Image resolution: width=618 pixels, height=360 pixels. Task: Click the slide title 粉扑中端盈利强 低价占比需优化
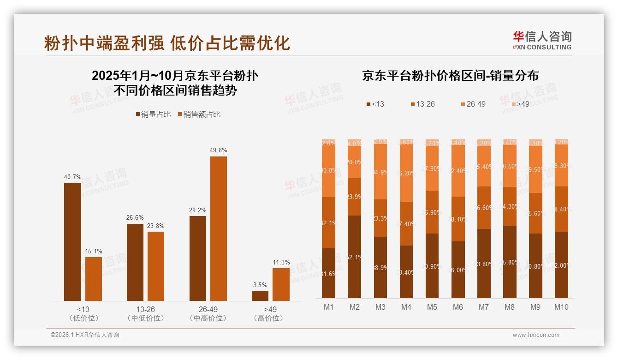point(167,43)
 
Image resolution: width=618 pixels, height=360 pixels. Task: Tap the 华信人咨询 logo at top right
point(542,40)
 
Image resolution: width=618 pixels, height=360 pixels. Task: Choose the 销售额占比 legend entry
point(199,114)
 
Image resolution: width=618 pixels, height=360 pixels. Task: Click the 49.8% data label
point(218,150)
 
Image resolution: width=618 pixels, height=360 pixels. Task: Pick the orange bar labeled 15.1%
point(94,279)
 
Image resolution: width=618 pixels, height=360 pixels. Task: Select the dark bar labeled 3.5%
point(260,295)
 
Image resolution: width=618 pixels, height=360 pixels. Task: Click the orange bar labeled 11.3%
point(281,284)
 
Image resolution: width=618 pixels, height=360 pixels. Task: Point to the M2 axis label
point(354,307)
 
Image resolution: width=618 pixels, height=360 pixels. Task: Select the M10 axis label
point(561,307)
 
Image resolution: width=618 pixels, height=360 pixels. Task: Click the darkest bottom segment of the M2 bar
point(354,257)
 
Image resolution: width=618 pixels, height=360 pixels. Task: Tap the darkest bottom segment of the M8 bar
point(509,262)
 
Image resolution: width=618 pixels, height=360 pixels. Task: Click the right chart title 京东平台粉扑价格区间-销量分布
point(450,76)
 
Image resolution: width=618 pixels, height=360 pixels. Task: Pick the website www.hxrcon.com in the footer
point(535,335)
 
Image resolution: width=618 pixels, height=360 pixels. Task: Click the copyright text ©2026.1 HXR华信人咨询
point(85,335)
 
